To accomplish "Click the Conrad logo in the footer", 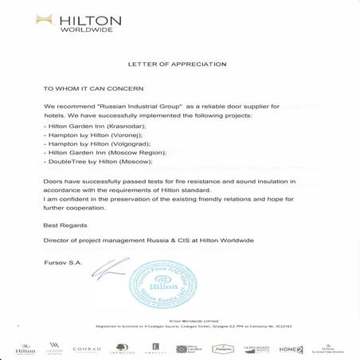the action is pyautogui.click(x=85, y=349).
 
